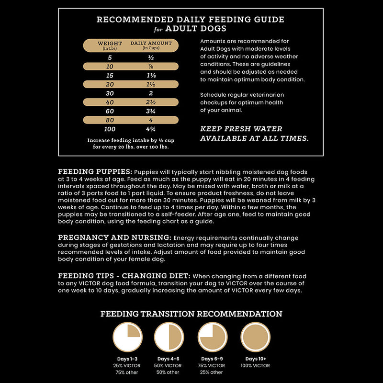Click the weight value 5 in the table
coord(110,57)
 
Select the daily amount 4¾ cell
coord(150,129)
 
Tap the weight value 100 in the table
coord(110,129)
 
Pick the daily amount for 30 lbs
coord(150,93)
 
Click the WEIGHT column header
coord(110,45)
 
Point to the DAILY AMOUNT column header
coord(151,45)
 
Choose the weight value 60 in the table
coord(110,111)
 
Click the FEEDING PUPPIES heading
coord(95,171)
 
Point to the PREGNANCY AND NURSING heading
coord(114,237)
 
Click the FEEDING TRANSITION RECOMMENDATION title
coord(191,314)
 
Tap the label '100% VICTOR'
coord(255,366)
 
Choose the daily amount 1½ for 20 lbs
coord(150,84)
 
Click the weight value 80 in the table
coord(110,120)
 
